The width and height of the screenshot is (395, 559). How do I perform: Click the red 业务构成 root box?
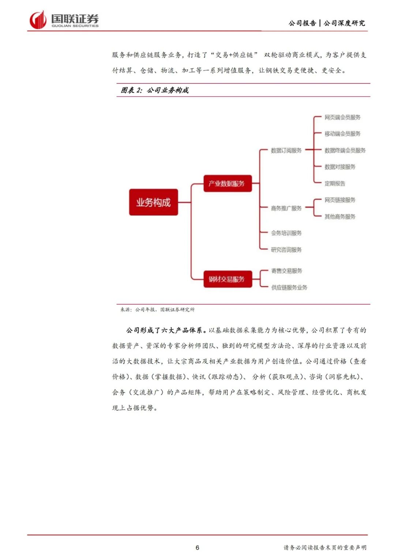(153, 202)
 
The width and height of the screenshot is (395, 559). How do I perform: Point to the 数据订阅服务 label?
(286, 150)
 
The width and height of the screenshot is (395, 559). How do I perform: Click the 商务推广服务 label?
(286, 208)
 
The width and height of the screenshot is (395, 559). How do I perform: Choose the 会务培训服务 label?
(286, 233)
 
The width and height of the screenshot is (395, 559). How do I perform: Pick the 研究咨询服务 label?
(286, 250)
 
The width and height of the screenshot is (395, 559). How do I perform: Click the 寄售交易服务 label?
(286, 271)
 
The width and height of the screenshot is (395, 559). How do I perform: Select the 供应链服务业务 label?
(289, 288)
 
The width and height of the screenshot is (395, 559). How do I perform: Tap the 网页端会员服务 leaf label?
(342, 118)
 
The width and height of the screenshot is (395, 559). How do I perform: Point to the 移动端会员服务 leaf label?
(342, 134)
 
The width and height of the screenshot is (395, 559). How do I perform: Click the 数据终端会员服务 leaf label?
(345, 150)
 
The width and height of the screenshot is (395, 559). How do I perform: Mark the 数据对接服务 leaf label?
(340, 167)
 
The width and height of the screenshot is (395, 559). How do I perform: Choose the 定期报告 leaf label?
(335, 184)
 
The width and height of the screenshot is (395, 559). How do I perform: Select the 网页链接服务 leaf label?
(340, 200)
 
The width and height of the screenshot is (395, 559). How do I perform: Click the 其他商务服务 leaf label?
(340, 217)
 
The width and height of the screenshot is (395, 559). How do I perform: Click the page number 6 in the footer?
(197, 548)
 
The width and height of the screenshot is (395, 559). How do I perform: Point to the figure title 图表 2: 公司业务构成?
(155, 90)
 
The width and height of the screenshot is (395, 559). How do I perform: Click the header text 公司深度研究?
(344, 23)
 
